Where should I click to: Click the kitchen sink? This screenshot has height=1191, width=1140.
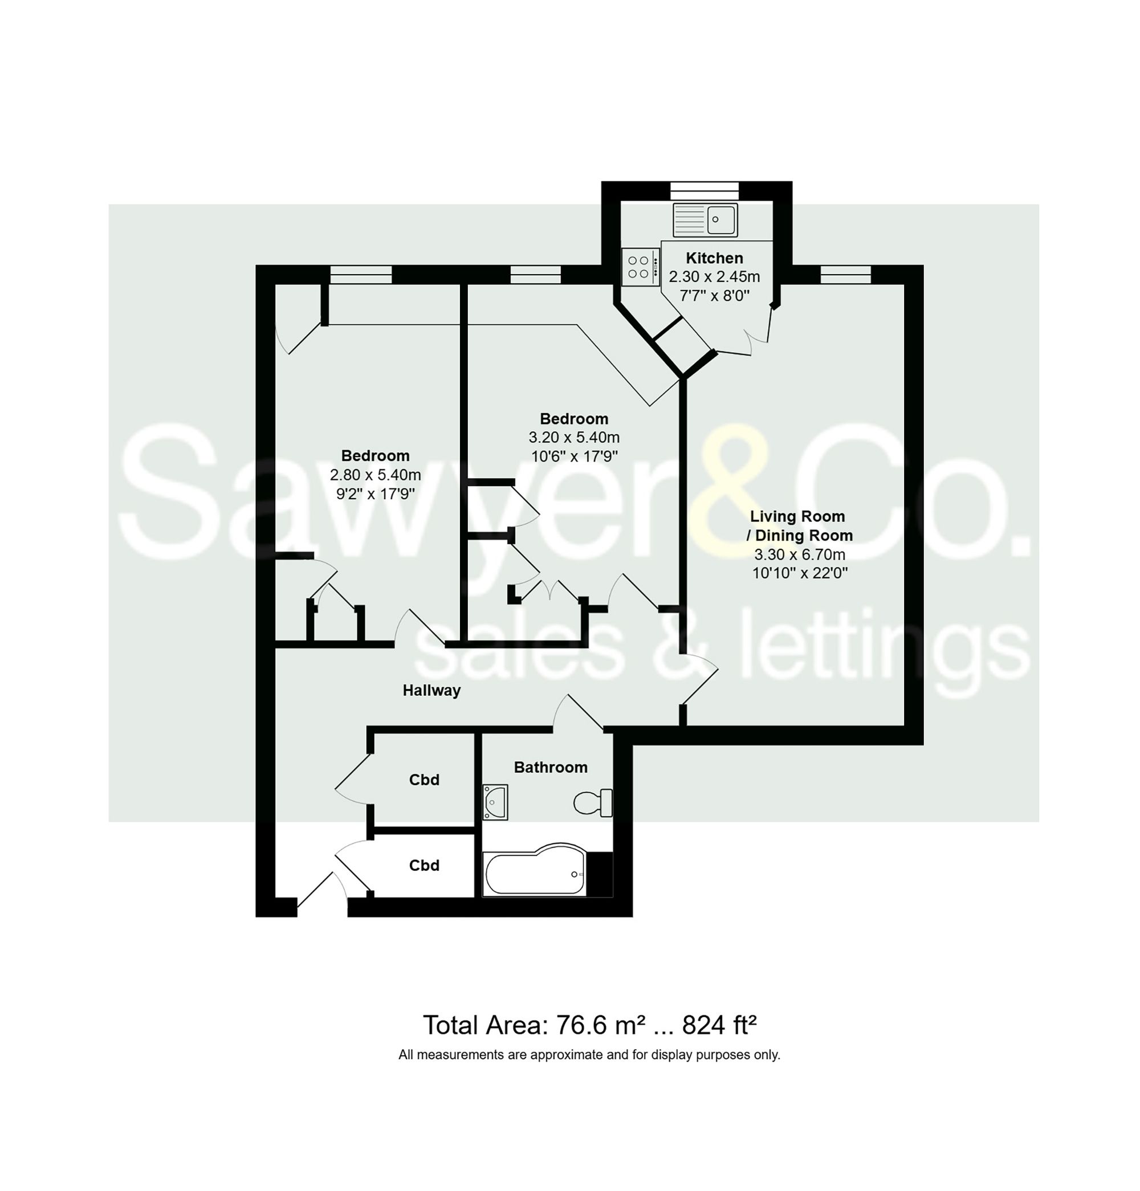click(705, 219)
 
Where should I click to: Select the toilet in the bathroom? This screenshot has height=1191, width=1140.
click(592, 803)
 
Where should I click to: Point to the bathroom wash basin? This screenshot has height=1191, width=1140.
click(495, 802)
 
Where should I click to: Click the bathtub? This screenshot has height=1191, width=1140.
click(535, 874)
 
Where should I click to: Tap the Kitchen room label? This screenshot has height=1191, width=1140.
click(714, 258)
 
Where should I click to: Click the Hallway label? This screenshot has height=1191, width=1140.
click(431, 690)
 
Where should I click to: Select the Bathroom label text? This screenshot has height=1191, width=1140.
click(551, 768)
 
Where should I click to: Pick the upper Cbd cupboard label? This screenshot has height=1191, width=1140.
click(424, 780)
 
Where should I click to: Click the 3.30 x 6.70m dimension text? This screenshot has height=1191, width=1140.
click(800, 554)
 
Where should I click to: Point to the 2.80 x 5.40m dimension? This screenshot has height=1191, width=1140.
click(375, 475)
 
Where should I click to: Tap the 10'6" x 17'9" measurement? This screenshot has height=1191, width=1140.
click(574, 456)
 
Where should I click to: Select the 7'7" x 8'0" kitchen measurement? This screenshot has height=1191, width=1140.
click(714, 296)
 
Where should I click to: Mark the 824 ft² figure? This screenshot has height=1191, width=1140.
click(719, 1026)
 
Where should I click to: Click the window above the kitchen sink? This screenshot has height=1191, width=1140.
click(705, 190)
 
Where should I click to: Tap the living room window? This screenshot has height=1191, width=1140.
click(845, 275)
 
